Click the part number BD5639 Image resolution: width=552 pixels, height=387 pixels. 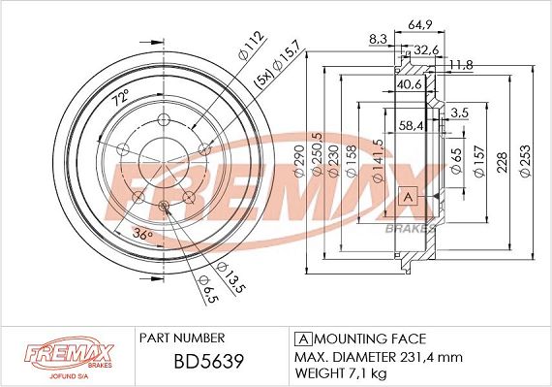point(209,361)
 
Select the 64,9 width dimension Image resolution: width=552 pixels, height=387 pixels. point(420,24)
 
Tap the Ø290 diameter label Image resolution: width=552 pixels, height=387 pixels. point(299,162)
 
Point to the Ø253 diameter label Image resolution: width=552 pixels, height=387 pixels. point(525,162)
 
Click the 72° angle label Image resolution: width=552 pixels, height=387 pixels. point(120,97)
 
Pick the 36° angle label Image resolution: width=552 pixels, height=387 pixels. point(142,235)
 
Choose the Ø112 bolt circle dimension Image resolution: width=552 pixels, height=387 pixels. point(251,46)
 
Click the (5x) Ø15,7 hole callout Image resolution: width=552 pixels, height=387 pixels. point(277,64)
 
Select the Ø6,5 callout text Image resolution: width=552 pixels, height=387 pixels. point(209,290)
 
